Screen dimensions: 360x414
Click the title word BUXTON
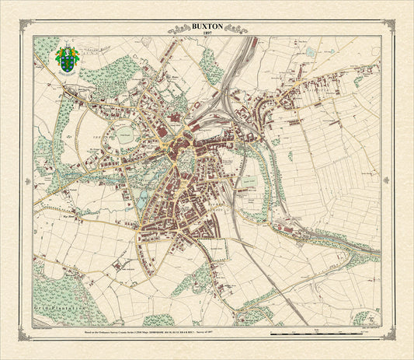tap(207, 26)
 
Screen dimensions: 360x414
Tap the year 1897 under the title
tap(207, 33)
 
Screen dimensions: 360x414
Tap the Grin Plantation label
tap(51, 309)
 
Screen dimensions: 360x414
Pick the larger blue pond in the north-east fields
tap(311, 52)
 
